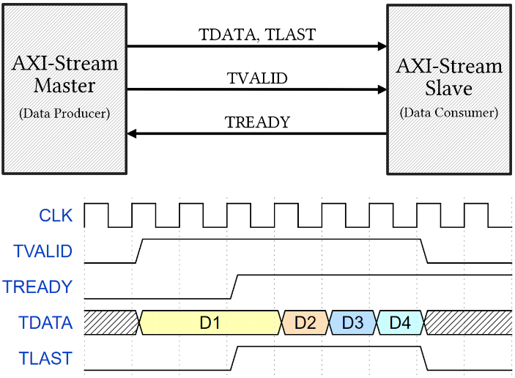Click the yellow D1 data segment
(210, 322)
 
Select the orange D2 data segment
(305, 322)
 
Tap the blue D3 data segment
(352, 322)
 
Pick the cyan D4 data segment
(400, 322)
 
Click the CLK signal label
(56, 215)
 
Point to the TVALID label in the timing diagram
(42, 251)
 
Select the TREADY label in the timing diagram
(37, 286)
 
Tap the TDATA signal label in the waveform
(45, 322)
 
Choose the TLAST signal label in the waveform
(45, 358)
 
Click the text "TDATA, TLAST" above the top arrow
(257, 35)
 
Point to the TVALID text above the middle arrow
(257, 78)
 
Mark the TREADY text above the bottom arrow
(258, 122)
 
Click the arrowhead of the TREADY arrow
(131, 133)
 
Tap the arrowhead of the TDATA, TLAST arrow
(382, 46)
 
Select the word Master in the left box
(64, 86)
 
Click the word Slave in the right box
(448, 89)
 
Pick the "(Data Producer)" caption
(64, 114)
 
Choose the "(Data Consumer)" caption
(449, 113)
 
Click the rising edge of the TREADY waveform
(234, 286)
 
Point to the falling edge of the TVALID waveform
(424, 251)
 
